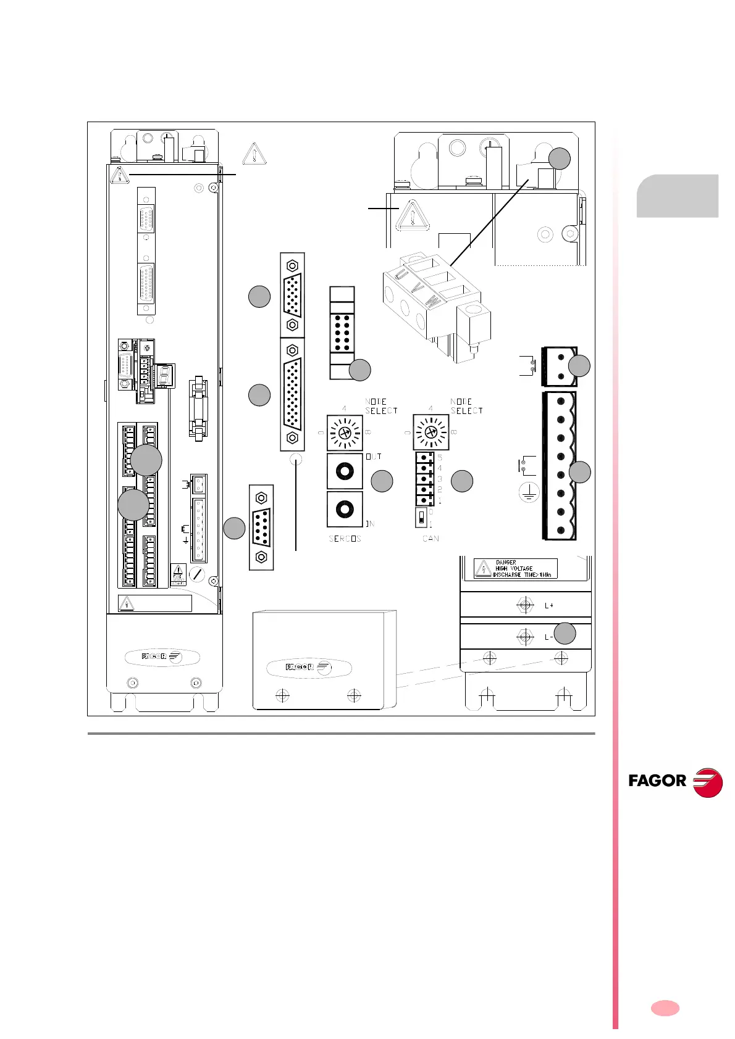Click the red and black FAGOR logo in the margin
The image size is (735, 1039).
[674, 782]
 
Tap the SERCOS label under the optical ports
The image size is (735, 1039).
[345, 539]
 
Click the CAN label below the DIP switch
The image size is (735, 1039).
[430, 539]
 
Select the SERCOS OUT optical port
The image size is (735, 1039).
[344, 471]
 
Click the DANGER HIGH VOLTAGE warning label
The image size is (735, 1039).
[515, 568]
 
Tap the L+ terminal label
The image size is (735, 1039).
[548, 606]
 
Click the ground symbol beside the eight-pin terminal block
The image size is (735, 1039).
[529, 492]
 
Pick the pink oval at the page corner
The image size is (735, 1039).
[665, 1008]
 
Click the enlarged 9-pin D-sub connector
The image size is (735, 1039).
[261, 528]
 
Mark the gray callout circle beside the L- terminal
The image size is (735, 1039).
[565, 634]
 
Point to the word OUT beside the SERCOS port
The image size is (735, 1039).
[374, 457]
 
